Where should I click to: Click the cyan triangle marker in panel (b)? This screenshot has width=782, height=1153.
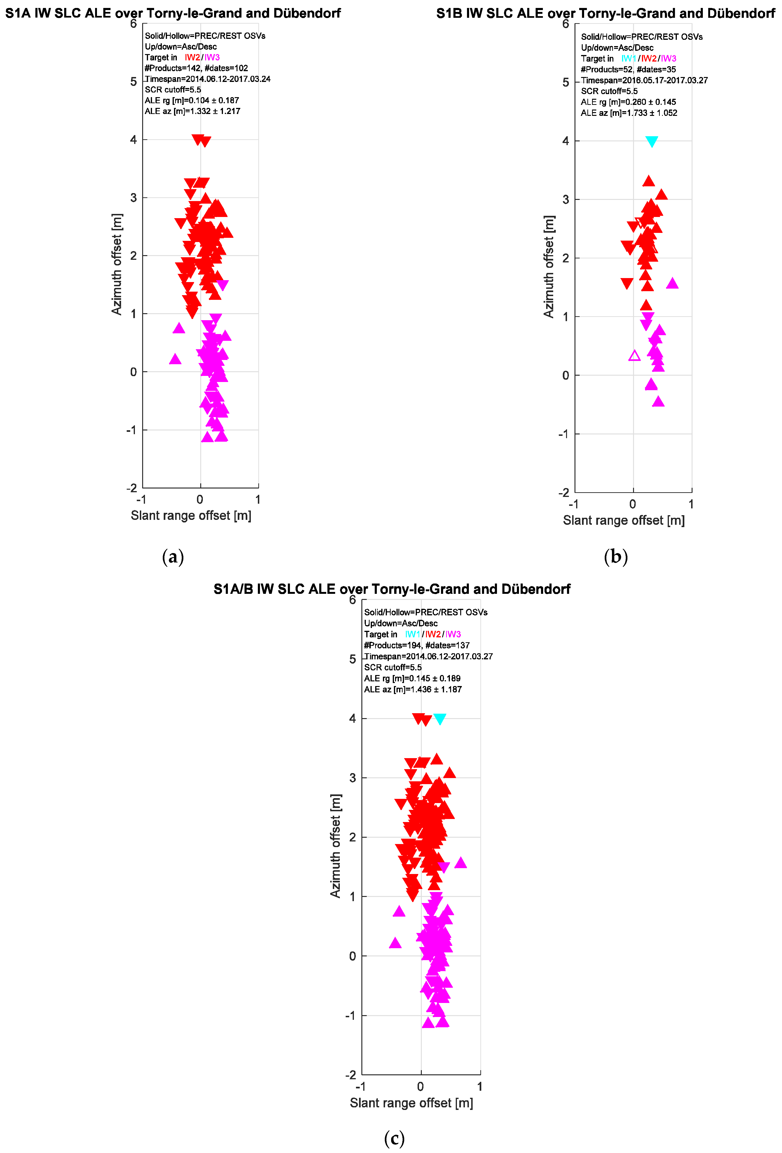[651, 141]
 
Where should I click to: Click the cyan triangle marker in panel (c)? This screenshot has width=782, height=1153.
[439, 719]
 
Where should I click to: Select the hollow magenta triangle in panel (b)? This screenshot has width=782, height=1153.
[634, 356]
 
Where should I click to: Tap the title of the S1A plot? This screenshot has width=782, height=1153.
[173, 13]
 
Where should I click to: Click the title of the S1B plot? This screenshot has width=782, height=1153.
[605, 13]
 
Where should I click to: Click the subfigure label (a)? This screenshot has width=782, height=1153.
[173, 557]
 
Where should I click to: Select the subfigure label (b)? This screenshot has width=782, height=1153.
[616, 557]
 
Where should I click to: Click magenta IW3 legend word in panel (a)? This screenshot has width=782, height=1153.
[212, 58]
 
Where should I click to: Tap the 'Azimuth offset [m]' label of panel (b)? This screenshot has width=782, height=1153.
[549, 267]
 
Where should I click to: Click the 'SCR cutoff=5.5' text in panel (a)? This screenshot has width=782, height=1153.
[173, 90]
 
